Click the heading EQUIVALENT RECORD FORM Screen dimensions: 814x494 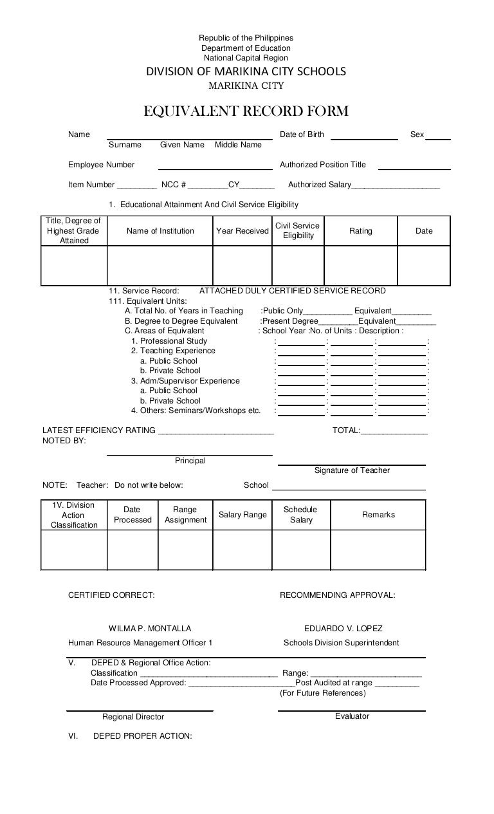(246, 112)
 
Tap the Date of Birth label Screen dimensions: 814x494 (302, 134)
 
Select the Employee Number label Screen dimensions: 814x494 (102, 165)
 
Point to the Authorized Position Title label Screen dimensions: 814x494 (322, 165)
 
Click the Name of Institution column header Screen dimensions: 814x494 (160, 231)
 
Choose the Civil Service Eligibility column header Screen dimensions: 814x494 (298, 231)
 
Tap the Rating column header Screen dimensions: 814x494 (360, 231)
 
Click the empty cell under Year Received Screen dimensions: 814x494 (242, 265)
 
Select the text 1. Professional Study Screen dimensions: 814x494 (169, 341)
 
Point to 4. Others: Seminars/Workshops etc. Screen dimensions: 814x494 (196, 411)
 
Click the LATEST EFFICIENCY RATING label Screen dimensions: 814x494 (99, 430)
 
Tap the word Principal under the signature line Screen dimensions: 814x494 (190, 461)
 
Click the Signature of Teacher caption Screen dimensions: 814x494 (352, 470)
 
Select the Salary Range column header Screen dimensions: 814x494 (242, 515)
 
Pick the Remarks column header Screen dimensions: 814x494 (378, 515)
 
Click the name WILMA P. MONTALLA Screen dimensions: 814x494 (150, 628)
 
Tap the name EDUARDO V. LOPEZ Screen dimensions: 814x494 (343, 628)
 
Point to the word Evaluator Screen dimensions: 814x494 (352, 716)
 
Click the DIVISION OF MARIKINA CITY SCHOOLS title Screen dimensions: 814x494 (246, 71)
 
